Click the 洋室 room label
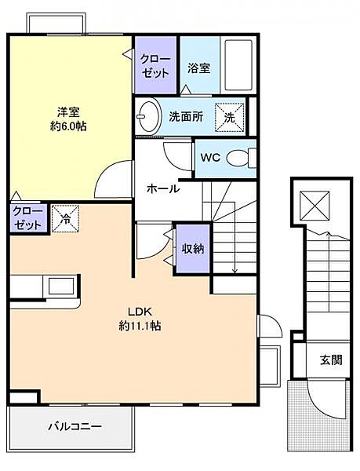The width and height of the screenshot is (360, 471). tap(68, 112)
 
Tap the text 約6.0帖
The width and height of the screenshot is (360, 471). tap(68, 126)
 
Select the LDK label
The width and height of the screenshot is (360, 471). tap(140, 312)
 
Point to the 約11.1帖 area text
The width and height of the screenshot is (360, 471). tap(140, 325)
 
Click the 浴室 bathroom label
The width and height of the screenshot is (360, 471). tap(198, 68)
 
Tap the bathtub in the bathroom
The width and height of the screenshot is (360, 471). tap(238, 65)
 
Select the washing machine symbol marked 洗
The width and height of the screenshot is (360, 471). tap(230, 118)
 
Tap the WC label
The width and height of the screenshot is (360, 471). tap(210, 158)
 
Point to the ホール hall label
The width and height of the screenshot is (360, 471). tap(163, 188)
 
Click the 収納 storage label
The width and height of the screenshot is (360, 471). tap(193, 248)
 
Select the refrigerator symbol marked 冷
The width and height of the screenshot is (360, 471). tap(65, 219)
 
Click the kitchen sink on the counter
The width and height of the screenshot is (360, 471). tap(62, 286)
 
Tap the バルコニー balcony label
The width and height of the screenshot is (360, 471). tap(75, 426)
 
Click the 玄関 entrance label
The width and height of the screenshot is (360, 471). tap(331, 360)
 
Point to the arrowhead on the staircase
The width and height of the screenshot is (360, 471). tap(235, 271)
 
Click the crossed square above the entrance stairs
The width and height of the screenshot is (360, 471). tap(315, 206)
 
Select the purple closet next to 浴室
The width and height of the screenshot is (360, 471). tap(155, 65)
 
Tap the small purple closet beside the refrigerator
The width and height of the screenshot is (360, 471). tap(28, 218)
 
